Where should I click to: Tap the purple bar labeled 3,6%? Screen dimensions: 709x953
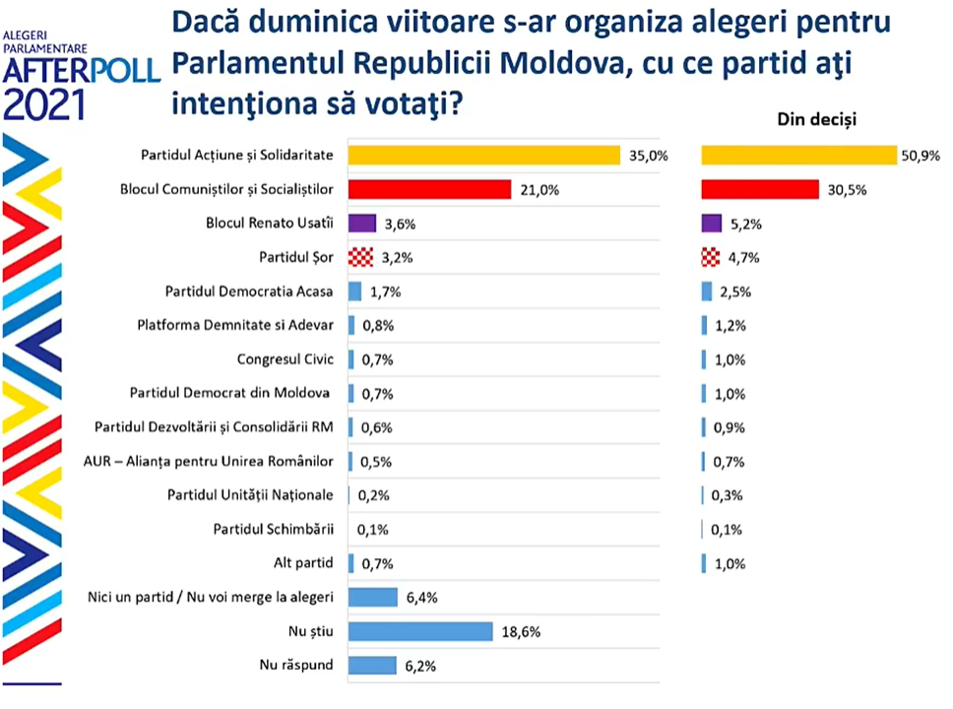(x=362, y=224)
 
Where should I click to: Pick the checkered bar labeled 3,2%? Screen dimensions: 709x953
(x=360, y=258)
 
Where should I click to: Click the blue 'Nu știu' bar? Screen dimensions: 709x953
(x=420, y=631)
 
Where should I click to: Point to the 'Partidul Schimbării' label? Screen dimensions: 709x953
(x=273, y=530)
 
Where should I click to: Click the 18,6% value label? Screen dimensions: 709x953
(x=522, y=631)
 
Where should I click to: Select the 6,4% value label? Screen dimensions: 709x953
(x=423, y=598)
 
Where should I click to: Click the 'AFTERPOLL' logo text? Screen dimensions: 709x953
(x=81, y=72)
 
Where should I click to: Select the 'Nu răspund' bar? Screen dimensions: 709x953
(x=372, y=666)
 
